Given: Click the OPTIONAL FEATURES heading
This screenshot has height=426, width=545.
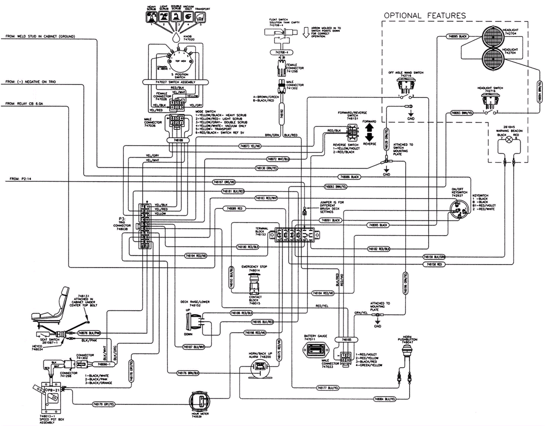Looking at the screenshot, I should tap(424, 16).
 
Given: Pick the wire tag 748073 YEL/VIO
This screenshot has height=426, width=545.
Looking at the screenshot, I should tap(250, 146).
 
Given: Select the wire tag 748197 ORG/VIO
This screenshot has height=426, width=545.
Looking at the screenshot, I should tap(224, 182).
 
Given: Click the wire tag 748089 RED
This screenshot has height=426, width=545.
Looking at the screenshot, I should tap(234, 208).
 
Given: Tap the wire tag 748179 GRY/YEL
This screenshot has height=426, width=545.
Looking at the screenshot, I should tap(104, 404).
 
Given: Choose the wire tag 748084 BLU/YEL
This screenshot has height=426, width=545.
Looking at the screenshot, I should tap(385, 399).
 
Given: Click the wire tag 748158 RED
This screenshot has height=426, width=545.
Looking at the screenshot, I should tap(434, 264).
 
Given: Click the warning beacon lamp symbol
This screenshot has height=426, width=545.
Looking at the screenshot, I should tap(509, 140).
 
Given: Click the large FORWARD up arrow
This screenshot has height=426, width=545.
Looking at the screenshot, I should tap(369, 128).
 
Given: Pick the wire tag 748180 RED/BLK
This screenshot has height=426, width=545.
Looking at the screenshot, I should tap(248, 247).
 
